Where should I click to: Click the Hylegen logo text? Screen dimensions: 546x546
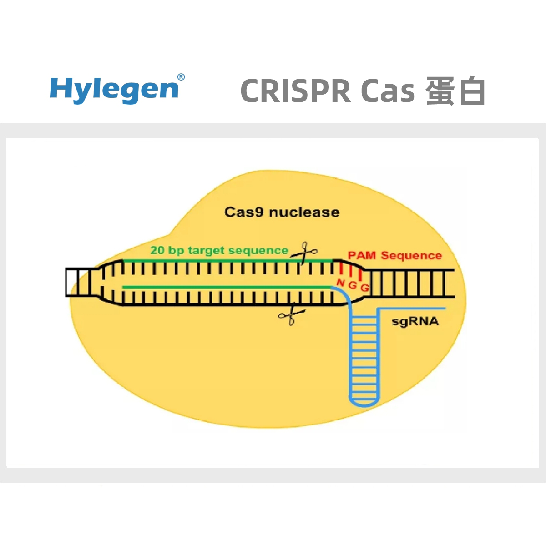[x=114, y=90]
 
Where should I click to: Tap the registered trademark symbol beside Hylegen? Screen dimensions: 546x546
[x=181, y=77]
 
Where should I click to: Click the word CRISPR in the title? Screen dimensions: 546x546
[x=296, y=91]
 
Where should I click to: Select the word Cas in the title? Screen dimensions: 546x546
[x=388, y=91]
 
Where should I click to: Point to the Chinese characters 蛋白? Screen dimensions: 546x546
[x=455, y=91]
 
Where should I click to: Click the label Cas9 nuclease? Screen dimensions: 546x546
[x=282, y=212]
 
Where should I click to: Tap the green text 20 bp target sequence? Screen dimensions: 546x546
[x=219, y=250]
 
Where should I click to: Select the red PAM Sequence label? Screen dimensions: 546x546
[x=394, y=255]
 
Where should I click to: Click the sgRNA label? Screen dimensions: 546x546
[x=415, y=322]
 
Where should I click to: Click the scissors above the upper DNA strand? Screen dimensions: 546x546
[x=304, y=252]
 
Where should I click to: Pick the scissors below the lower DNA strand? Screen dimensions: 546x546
[x=292, y=314]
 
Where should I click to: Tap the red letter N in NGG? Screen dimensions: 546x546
[x=340, y=283]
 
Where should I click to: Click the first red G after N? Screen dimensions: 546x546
[x=353, y=285]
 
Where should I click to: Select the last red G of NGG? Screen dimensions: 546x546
[x=364, y=288]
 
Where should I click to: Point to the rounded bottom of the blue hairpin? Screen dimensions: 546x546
[x=364, y=404]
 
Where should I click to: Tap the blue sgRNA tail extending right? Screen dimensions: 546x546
[x=411, y=308]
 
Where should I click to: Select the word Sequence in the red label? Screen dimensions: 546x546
[x=411, y=256]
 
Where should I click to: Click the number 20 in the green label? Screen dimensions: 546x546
[x=157, y=250]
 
